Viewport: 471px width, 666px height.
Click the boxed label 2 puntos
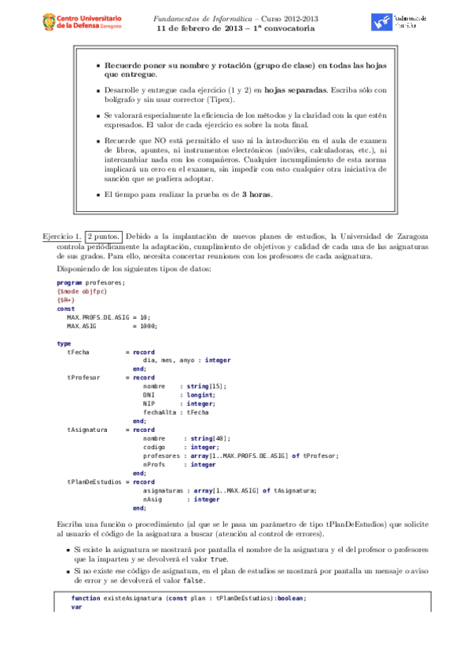coord(104,236)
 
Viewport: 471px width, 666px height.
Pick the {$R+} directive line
coord(65,299)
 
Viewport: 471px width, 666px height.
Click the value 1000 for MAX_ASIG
coord(149,325)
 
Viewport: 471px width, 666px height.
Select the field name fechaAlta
coord(160,412)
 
